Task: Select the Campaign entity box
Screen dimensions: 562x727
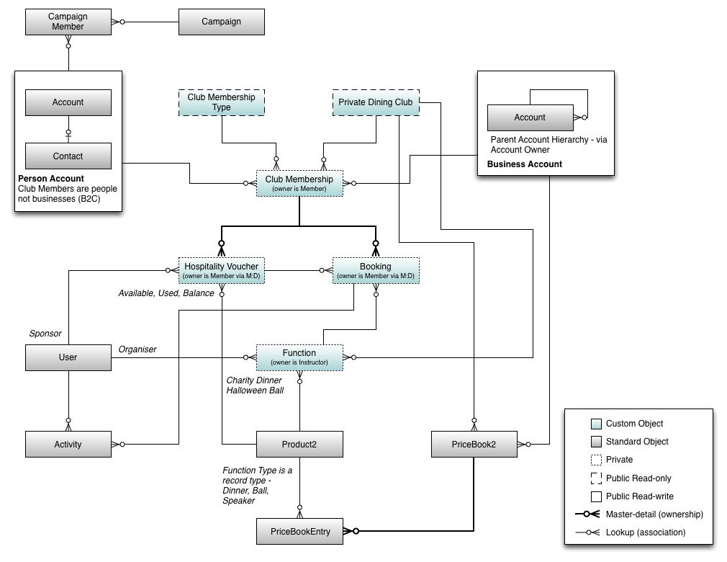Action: pyautogui.click(x=221, y=22)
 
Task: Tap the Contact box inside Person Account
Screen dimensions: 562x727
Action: pyautogui.click(x=68, y=156)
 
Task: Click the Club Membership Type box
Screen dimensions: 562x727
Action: pyautogui.click(x=221, y=102)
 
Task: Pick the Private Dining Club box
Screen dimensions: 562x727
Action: pyautogui.click(x=375, y=102)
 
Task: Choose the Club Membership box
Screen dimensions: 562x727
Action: pyautogui.click(x=299, y=183)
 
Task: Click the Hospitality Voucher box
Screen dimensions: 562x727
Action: pyautogui.click(x=221, y=270)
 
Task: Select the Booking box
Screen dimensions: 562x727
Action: pyautogui.click(x=374, y=270)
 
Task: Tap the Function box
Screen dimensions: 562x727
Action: pyautogui.click(x=299, y=357)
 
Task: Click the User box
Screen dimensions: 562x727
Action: pyautogui.click(x=68, y=357)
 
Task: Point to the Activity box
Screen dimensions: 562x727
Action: pyautogui.click(x=68, y=444)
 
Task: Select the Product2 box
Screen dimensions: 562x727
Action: pyautogui.click(x=299, y=444)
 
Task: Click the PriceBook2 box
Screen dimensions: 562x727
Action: pyautogui.click(x=474, y=444)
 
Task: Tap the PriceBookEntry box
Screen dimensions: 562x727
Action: pyautogui.click(x=300, y=531)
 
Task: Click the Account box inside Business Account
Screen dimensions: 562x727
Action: pyautogui.click(x=529, y=117)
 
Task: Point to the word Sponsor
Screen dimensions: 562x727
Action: pyautogui.click(x=45, y=334)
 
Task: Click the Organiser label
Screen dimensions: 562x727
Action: pyautogui.click(x=137, y=349)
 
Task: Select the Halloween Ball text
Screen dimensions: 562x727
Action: pyautogui.click(x=255, y=391)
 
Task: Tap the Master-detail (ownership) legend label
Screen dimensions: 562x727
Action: pyautogui.click(x=654, y=514)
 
